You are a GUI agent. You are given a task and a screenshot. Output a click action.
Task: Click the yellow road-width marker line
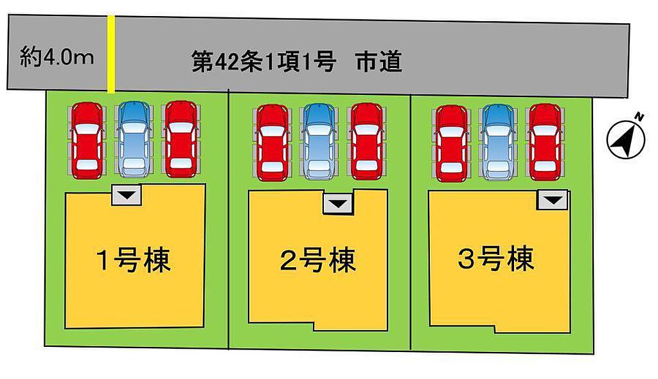[111, 54]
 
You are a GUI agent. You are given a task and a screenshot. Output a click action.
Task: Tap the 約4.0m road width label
[57, 57]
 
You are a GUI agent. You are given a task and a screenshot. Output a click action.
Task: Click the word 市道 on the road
[379, 62]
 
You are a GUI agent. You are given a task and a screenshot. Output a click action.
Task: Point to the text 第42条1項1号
[264, 62]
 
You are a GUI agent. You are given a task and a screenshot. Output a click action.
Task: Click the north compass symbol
[626, 137]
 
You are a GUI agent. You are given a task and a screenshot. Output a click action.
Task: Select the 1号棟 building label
[134, 260]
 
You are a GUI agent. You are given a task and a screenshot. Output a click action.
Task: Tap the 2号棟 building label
[317, 260]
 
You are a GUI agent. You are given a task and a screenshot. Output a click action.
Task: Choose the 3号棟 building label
[496, 258]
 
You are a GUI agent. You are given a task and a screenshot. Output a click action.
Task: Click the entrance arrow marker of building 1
[127, 195]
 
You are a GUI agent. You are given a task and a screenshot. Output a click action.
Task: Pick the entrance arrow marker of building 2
[338, 204]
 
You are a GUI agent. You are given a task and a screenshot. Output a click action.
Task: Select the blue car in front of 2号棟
[319, 142]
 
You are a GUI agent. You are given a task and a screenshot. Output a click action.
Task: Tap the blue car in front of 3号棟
[498, 142]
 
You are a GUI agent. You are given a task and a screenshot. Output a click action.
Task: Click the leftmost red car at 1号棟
[87, 140]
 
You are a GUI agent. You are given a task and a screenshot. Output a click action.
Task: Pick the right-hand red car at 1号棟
[181, 139]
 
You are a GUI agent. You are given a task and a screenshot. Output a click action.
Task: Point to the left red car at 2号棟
[272, 142]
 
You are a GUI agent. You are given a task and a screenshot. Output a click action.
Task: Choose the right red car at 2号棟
[367, 141]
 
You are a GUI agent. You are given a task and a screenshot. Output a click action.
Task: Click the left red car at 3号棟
[451, 143]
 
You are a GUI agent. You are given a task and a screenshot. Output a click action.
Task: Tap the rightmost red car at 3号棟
[545, 142]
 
